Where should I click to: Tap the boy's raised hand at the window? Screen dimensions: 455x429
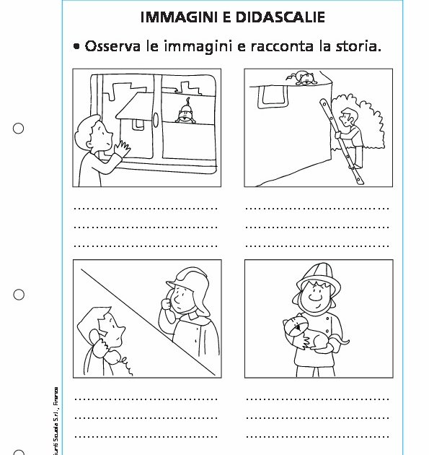pos(123,148)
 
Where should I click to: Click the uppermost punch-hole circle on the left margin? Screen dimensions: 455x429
pos(19,129)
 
